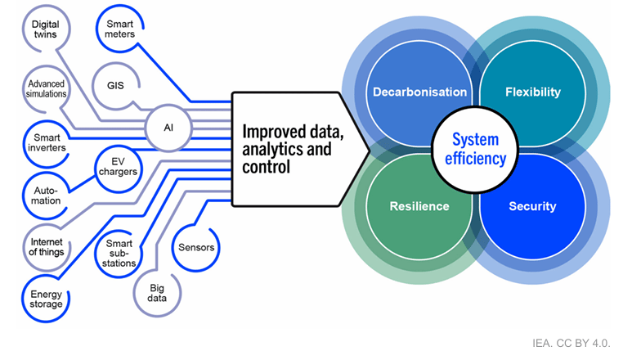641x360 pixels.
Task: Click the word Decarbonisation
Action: coord(420,92)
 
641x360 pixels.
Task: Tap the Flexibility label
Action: coord(533,92)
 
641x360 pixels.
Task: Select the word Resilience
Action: coord(419,206)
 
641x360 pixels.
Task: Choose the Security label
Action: coord(533,206)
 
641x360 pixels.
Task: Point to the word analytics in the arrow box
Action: coord(271,149)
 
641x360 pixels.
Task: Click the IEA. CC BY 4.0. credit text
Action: coord(571,343)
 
